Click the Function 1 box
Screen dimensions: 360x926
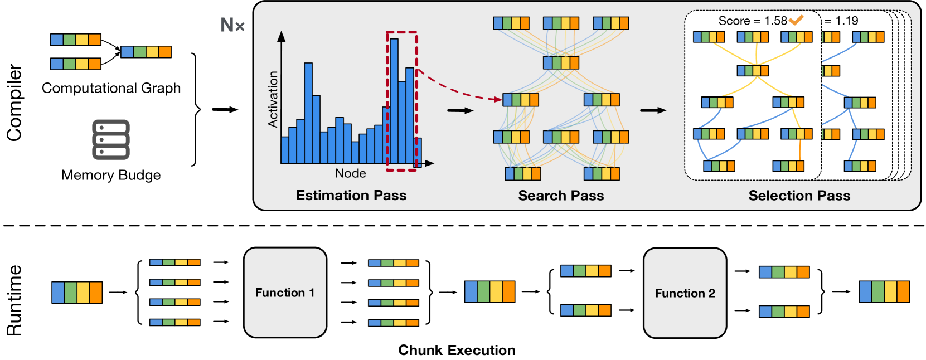[285, 293]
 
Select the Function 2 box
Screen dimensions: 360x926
[685, 293]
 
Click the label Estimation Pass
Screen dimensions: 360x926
[351, 195]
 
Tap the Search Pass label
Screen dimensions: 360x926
[561, 195]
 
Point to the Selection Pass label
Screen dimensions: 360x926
[799, 195]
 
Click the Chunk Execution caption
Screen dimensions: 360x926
[457, 350]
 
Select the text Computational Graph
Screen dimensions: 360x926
[111, 88]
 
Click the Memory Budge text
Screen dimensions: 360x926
[111, 175]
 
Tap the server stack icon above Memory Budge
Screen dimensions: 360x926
[111, 139]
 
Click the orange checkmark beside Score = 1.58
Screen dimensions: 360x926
[796, 21]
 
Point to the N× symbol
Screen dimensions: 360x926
[232, 25]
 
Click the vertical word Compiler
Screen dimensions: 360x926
[14, 103]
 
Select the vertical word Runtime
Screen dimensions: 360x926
[14, 300]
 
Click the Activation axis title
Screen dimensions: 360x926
[273, 99]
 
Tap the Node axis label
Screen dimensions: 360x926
[350, 173]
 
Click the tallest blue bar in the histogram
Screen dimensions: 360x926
[394, 100]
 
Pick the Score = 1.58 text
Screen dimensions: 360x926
[752, 21]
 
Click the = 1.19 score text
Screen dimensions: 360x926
[842, 21]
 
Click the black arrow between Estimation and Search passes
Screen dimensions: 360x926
[460, 110]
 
